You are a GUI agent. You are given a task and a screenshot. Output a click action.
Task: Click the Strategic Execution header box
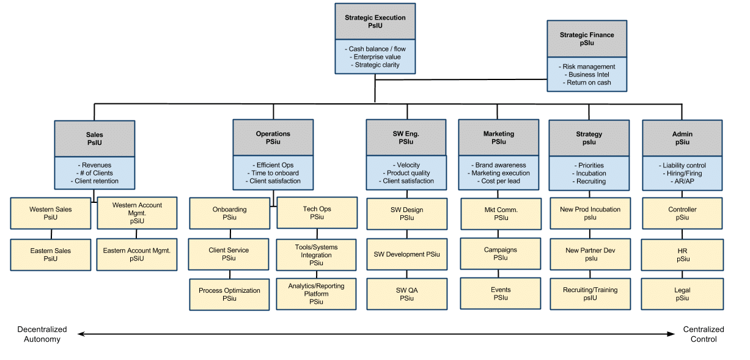coord(375,21)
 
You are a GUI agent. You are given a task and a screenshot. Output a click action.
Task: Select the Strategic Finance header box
coord(586,39)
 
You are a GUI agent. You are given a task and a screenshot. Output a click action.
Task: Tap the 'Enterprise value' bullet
coord(375,57)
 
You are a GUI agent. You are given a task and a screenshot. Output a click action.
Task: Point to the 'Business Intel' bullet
coord(586,75)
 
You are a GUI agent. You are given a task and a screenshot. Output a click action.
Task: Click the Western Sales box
coord(51,213)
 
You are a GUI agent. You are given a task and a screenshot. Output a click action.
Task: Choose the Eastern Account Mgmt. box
coord(136,254)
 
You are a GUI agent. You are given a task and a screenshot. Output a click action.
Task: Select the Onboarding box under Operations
coord(229,213)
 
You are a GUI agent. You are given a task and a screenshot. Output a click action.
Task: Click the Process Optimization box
coord(229,294)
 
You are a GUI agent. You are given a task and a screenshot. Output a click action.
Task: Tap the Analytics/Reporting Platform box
coord(316,293)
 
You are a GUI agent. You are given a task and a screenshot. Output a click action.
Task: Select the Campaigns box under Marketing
coord(500,254)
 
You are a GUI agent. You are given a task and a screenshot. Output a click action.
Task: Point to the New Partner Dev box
coord(590,254)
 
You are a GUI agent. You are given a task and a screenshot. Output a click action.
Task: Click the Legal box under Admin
coord(682,294)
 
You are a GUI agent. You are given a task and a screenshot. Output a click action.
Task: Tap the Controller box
coord(682,213)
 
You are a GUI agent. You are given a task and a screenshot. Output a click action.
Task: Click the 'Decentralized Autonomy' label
coord(42,334)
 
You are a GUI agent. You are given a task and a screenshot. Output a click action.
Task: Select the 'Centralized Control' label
coord(703,334)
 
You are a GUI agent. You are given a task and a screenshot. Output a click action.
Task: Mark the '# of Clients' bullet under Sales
coord(94,173)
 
